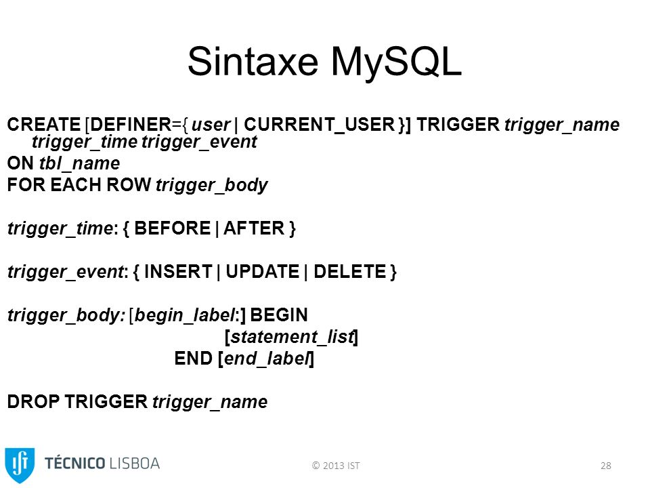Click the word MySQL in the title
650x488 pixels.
(396, 62)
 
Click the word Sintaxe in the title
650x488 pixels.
(253, 62)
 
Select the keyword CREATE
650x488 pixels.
(44, 125)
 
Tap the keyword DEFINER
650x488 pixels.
(131, 125)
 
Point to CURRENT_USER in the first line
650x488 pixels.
(319, 125)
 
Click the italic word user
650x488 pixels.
(211, 125)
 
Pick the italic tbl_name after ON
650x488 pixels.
(80, 163)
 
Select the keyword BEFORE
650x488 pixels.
(173, 228)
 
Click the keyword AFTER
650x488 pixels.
(254, 228)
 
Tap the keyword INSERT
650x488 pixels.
(178, 272)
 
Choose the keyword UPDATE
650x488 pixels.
(263, 272)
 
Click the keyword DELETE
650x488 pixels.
(350, 272)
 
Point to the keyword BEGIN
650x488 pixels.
(279, 315)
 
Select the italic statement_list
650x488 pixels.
(292, 337)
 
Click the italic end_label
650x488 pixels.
(267, 359)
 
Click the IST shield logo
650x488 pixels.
(20, 465)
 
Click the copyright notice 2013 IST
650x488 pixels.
(336, 466)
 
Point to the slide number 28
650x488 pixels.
(605, 466)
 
